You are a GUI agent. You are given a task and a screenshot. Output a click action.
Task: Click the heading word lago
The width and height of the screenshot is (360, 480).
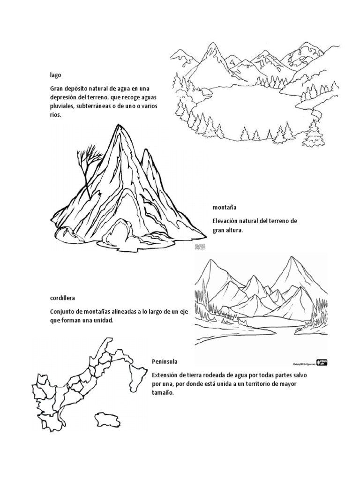click(x=56, y=75)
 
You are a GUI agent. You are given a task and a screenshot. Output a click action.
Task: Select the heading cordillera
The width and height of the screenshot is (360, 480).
click(x=63, y=298)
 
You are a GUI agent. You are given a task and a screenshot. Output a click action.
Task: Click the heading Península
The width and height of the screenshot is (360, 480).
click(x=165, y=361)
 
